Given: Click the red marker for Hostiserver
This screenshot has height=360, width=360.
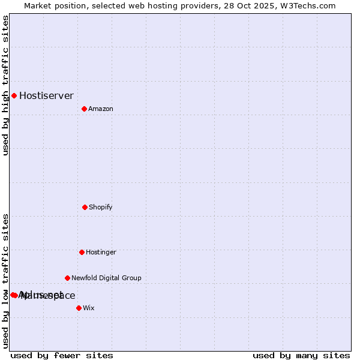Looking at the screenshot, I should click(14, 95).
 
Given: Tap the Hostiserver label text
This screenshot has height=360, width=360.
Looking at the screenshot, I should click(46, 95).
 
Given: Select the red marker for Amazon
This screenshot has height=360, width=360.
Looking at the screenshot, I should click(84, 109).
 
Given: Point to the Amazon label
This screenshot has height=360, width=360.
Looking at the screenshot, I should click(101, 109).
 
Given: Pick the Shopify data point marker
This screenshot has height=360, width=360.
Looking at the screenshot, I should click(85, 207).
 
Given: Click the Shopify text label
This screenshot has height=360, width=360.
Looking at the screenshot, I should click(101, 207).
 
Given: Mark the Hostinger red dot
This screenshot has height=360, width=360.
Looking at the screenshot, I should click(82, 252).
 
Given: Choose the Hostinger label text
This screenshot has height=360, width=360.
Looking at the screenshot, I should click(101, 252).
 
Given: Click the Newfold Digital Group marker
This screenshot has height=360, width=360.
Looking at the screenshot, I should click(67, 278).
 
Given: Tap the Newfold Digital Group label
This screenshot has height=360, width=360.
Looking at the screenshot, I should click(106, 278).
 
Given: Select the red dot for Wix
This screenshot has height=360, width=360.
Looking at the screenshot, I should click(79, 308).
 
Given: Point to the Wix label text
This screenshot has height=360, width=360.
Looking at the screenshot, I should click(89, 308).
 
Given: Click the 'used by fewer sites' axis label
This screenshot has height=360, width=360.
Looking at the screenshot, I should click(62, 355).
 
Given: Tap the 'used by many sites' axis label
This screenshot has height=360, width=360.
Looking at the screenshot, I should click(301, 355).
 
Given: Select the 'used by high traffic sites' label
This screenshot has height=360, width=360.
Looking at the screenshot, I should click(5, 85).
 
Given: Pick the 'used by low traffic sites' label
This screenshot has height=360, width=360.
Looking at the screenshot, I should click(5, 281).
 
